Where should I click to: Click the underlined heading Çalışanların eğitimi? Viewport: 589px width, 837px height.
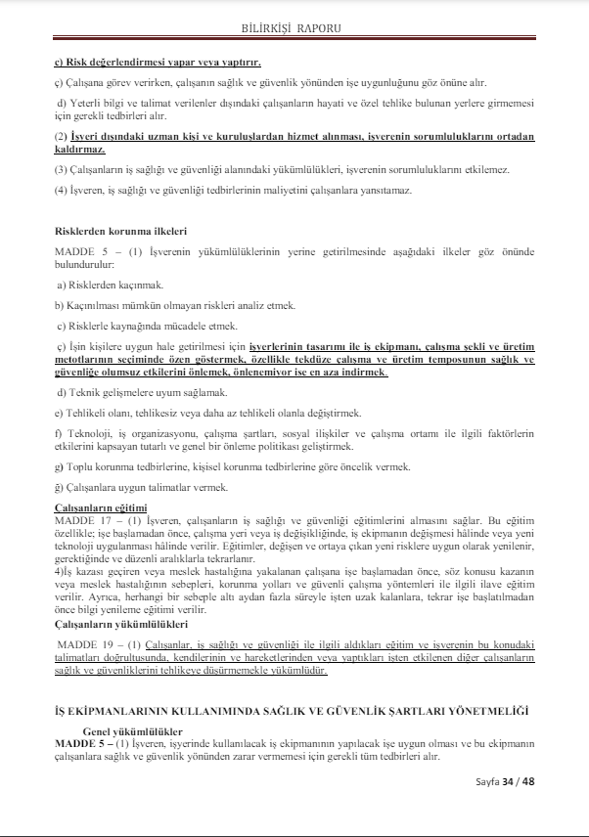click(100, 507)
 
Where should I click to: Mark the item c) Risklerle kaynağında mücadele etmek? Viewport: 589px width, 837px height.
click(147, 325)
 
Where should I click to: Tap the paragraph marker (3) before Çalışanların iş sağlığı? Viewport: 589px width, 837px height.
click(60, 169)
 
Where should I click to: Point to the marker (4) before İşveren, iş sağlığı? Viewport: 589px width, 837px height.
click(60, 190)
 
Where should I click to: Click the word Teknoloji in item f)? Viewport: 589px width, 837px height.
click(87, 433)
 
